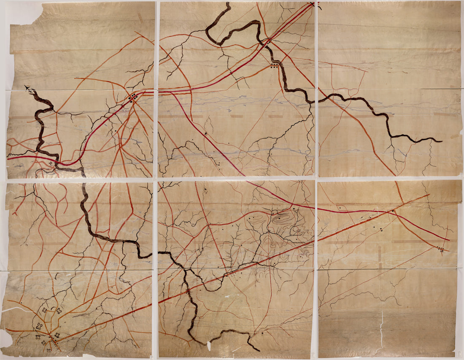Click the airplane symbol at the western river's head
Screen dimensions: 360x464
(28, 88)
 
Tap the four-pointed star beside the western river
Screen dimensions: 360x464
(51, 163)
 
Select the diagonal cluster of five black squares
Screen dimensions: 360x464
(133, 98)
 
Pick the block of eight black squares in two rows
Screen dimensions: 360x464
(275, 66)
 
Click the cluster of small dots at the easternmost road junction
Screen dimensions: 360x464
(441, 249)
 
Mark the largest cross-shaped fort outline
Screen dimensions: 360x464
(40, 325)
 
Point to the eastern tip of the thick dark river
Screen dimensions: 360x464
(442, 141)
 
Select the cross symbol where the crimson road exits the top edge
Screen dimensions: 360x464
(313, 4)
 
